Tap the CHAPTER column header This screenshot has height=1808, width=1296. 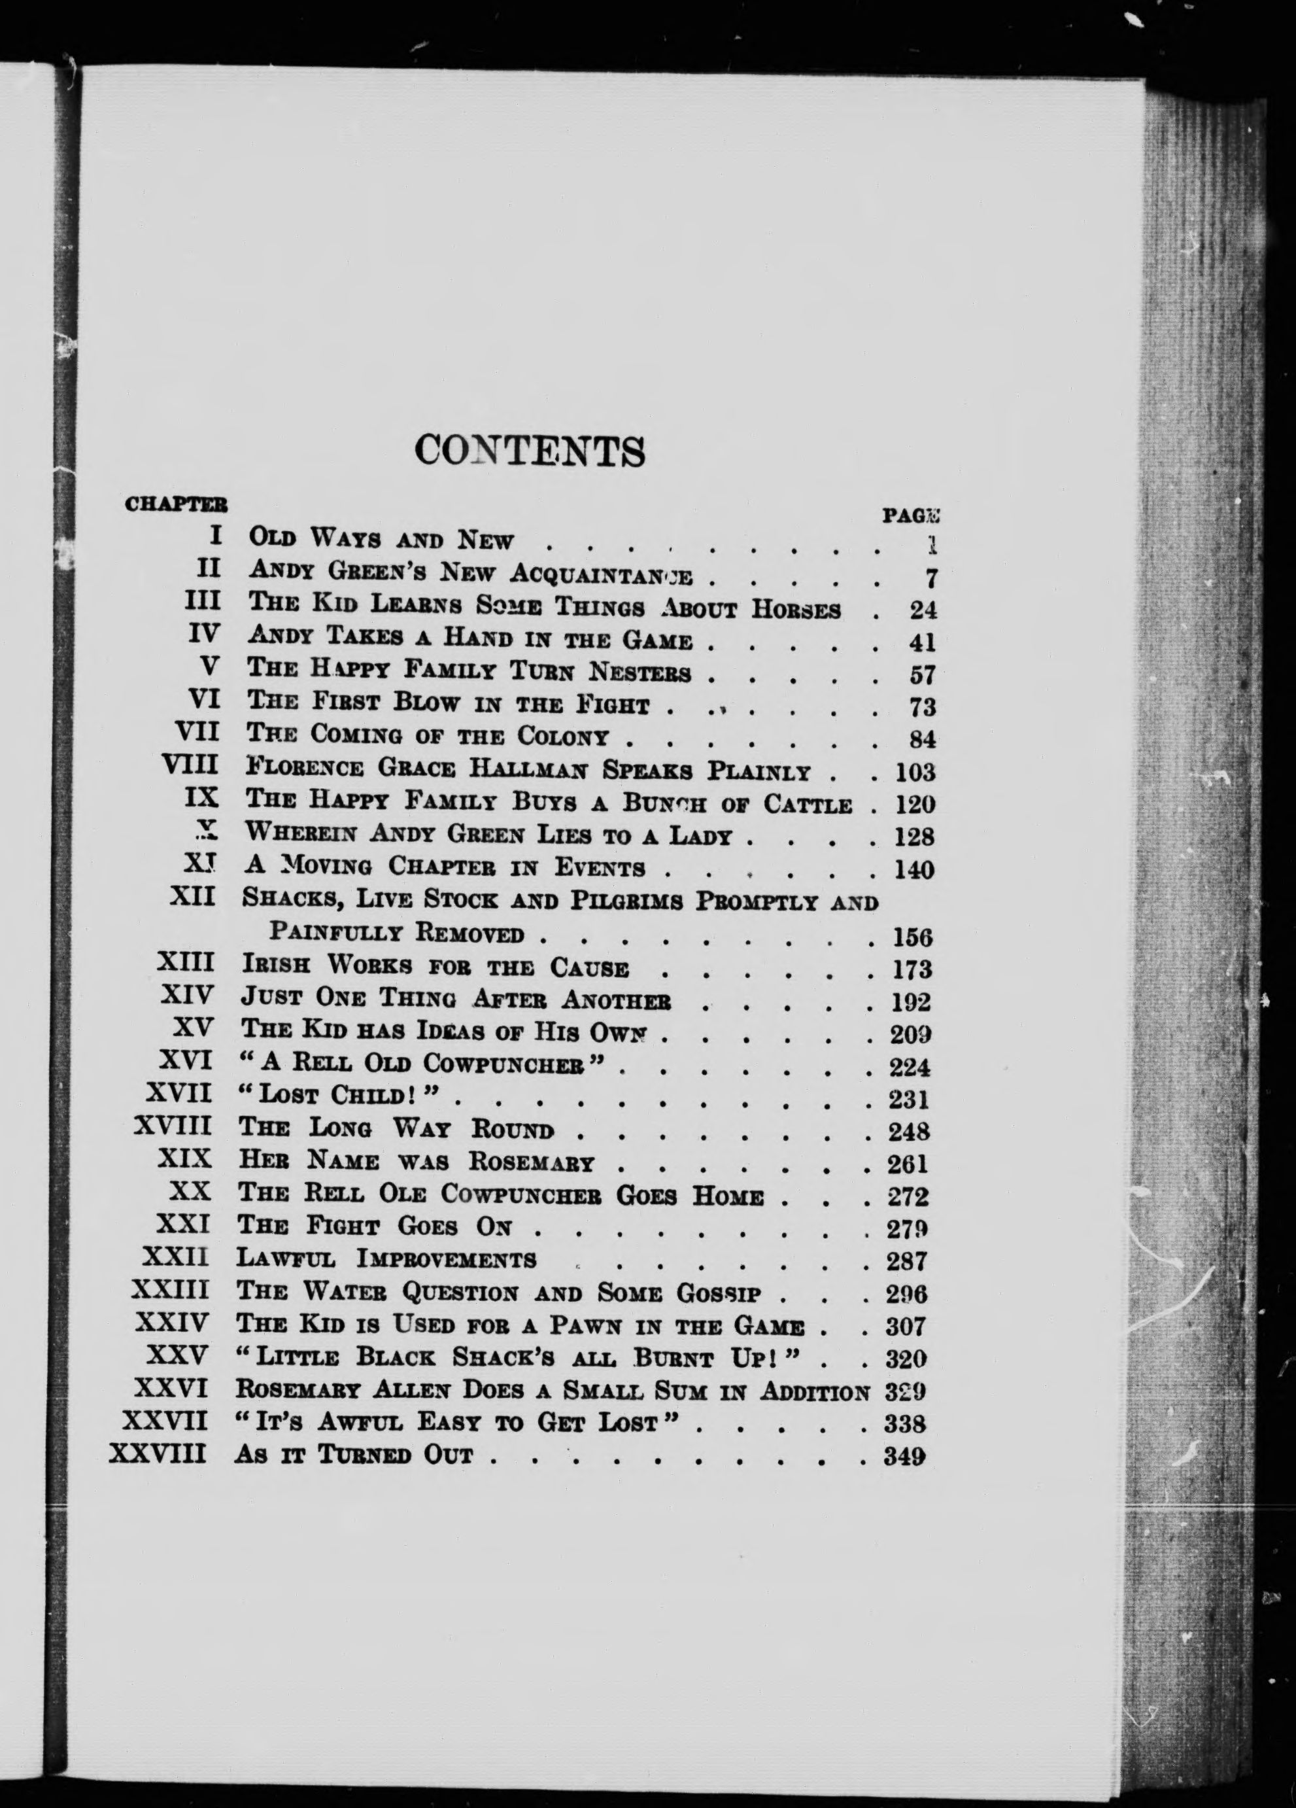click(x=176, y=504)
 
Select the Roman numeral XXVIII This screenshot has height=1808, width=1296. click(x=158, y=1454)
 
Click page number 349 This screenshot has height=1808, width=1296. click(x=904, y=1457)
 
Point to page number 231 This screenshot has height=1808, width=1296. click(x=909, y=1100)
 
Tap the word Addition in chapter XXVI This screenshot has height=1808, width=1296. click(x=814, y=1391)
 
